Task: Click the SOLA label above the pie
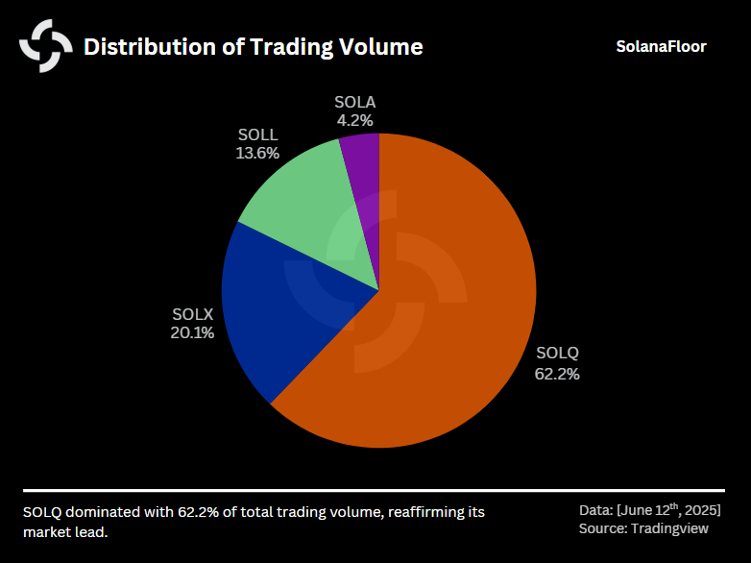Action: pyautogui.click(x=354, y=102)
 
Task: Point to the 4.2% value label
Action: pyautogui.click(x=354, y=121)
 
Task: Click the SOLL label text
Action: pyautogui.click(x=256, y=134)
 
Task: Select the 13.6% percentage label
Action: pyautogui.click(x=256, y=153)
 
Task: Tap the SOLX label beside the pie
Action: pyautogui.click(x=192, y=314)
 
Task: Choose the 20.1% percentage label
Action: pyautogui.click(x=192, y=333)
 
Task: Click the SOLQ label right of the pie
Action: pyautogui.click(x=557, y=353)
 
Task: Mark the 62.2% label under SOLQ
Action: pyautogui.click(x=557, y=374)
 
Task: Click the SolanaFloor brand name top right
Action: pyautogui.click(x=661, y=46)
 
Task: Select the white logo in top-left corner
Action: pyautogui.click(x=46, y=46)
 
